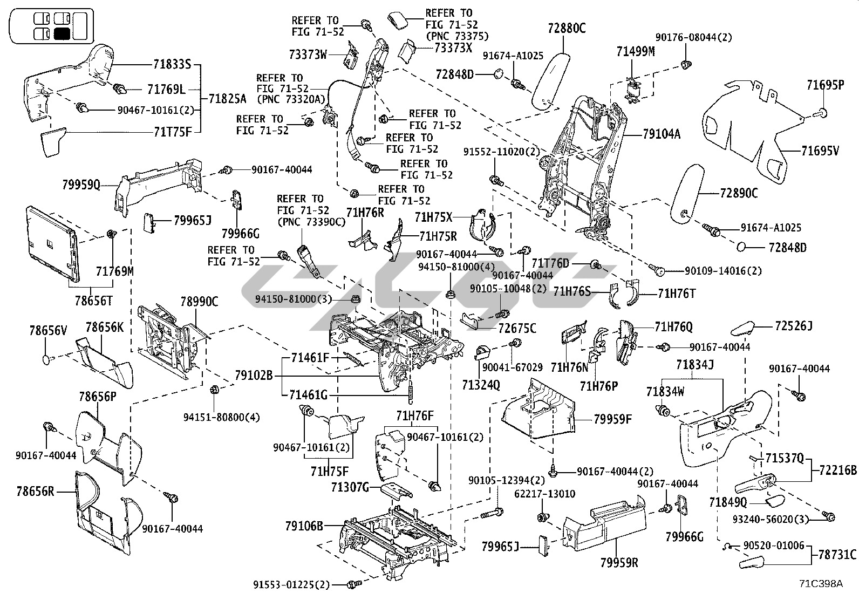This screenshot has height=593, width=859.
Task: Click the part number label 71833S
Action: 172,64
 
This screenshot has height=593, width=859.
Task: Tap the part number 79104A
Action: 662,134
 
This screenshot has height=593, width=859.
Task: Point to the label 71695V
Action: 820,151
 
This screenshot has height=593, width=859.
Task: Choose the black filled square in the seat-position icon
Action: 62,33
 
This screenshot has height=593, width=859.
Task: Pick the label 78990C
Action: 199,302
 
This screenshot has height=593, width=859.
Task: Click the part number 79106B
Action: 304,525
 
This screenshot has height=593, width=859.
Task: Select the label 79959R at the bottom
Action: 619,562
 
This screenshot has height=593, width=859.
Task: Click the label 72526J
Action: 793,326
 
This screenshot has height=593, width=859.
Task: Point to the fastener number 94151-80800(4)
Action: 214,417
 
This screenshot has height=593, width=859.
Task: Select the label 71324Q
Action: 481,385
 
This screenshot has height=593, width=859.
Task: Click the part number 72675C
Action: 517,328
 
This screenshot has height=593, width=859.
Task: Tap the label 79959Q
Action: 81,186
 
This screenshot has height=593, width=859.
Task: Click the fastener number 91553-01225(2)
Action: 291,584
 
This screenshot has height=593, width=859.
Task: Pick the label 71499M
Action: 636,51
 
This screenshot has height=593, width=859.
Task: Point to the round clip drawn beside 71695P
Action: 822,112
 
